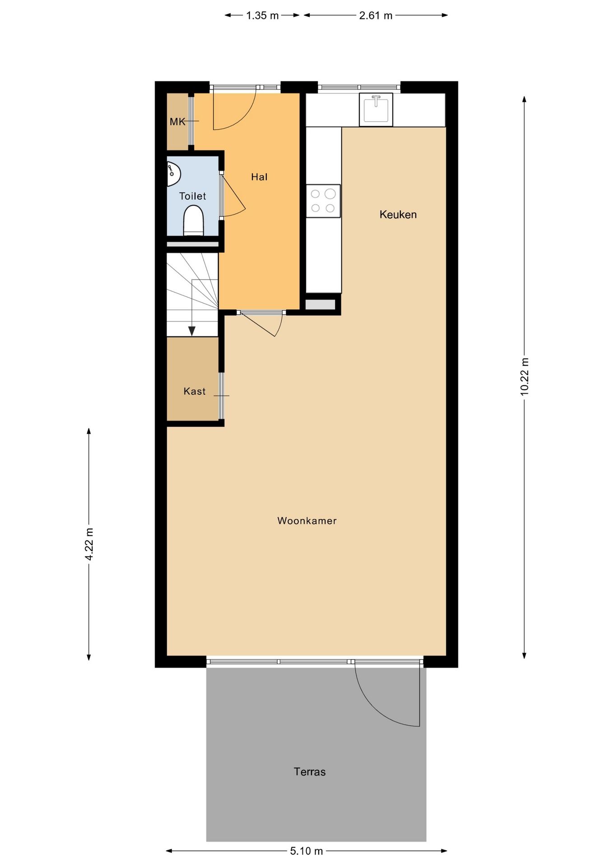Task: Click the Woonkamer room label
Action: (x=307, y=521)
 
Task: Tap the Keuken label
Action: (x=398, y=215)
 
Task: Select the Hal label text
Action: (x=260, y=177)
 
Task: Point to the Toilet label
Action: (x=193, y=196)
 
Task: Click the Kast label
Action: (x=195, y=392)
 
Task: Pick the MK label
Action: (x=177, y=121)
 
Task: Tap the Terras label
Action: (x=310, y=772)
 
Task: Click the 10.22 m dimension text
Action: (x=524, y=377)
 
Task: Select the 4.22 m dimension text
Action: (x=89, y=544)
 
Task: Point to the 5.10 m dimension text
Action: (x=306, y=851)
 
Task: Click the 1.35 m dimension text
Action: (x=262, y=15)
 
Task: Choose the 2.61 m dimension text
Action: (x=376, y=15)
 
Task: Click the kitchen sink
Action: (x=376, y=110)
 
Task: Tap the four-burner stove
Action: (x=323, y=201)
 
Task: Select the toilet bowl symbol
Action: (x=194, y=221)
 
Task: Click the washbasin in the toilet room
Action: (x=173, y=174)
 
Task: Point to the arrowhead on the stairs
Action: (x=192, y=331)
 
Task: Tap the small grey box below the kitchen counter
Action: (x=320, y=304)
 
